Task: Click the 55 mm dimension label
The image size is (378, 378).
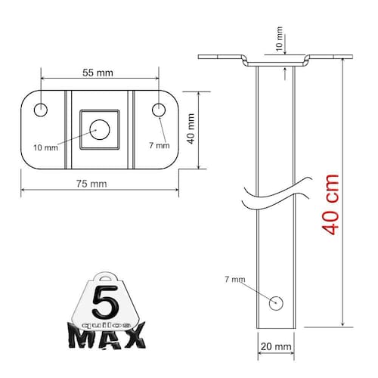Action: click(x=98, y=73)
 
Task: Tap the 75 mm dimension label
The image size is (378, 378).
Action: click(x=91, y=184)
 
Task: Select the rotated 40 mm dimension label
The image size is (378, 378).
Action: click(x=191, y=129)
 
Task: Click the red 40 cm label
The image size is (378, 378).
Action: click(x=330, y=204)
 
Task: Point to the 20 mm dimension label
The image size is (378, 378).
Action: click(x=276, y=347)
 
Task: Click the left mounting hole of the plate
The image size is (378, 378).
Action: click(x=41, y=110)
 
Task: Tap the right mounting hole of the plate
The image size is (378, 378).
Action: click(x=159, y=110)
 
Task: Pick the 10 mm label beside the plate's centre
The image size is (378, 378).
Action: click(x=45, y=147)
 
